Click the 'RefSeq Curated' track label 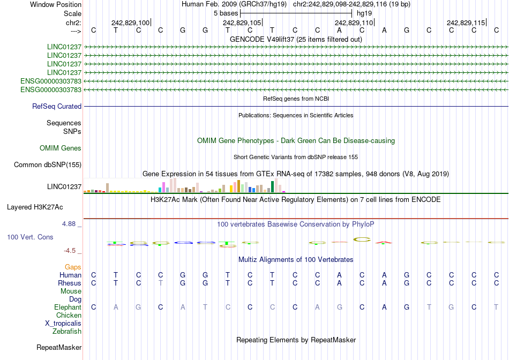click(x=57, y=107)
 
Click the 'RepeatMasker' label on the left click(x=59, y=348)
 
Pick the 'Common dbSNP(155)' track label click(x=48, y=165)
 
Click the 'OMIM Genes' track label click(x=61, y=148)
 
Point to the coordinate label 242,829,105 click(x=242, y=23)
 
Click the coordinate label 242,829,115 click(x=466, y=23)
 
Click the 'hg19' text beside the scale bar click(x=364, y=13)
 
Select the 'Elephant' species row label click(x=68, y=307)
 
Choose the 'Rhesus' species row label click(x=70, y=283)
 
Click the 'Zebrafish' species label click(x=67, y=332)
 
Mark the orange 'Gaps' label click(x=73, y=267)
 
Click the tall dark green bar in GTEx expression click(x=273, y=186)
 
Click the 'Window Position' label click(x=56, y=4)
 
